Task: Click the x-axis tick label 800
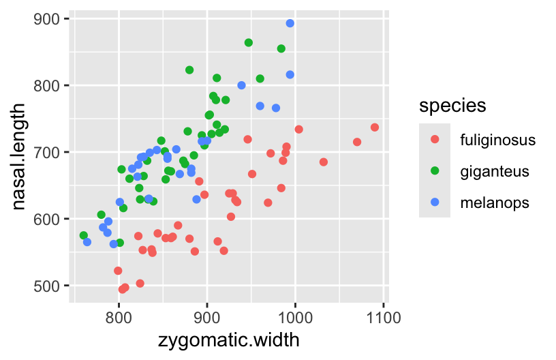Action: coord(119,317)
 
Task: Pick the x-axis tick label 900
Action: coord(207,317)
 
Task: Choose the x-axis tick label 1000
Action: coord(295,317)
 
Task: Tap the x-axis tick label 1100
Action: coord(384,317)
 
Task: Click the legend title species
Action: coord(452,106)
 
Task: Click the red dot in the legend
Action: coord(435,140)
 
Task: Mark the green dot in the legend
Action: coord(435,171)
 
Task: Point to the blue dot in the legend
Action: coord(435,202)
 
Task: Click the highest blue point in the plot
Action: coord(290,23)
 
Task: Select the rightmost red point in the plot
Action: coord(375,127)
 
